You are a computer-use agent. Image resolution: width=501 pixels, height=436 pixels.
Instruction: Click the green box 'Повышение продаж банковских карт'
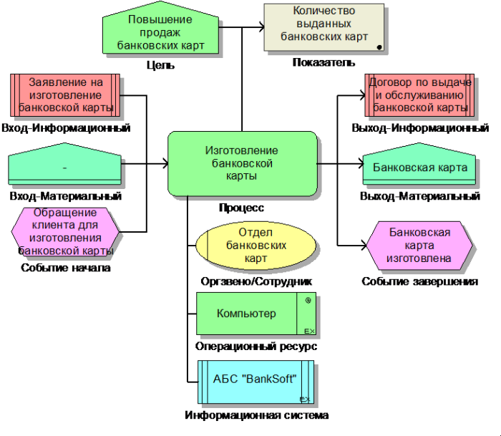[x=160, y=32]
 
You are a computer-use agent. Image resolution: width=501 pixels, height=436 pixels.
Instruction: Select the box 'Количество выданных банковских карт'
[x=324, y=27]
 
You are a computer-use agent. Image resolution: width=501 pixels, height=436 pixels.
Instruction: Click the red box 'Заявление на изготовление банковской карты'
[x=65, y=95]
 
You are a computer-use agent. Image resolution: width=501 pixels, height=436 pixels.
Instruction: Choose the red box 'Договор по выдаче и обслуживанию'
[x=419, y=95]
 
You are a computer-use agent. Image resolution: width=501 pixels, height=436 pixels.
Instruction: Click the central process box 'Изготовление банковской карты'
[x=242, y=163]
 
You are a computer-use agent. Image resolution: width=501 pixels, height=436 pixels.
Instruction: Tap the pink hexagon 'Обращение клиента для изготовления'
[x=65, y=232]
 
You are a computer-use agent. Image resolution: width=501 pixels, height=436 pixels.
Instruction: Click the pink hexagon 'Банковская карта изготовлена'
[x=419, y=245]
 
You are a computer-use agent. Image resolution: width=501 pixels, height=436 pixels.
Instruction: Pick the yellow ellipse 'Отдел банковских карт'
[x=256, y=245]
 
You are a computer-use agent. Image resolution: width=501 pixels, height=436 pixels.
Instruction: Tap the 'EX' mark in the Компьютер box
[x=309, y=331]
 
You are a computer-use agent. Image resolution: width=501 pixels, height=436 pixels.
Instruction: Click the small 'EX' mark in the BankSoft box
[x=304, y=399]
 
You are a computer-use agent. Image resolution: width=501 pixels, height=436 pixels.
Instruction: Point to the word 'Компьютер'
[x=246, y=314]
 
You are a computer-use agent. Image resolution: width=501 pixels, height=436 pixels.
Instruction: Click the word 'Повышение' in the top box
[x=160, y=19]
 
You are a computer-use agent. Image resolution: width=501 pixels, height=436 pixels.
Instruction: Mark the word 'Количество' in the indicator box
[x=324, y=11]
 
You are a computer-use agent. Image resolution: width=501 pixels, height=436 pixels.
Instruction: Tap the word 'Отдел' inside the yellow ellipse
[x=256, y=232]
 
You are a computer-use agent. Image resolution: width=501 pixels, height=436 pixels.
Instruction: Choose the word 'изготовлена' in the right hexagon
[x=419, y=258]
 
